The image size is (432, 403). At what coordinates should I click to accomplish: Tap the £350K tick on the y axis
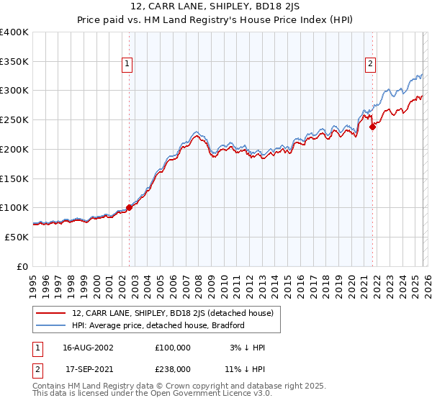tap(14, 62)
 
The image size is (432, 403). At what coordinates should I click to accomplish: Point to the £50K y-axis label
tap(17, 237)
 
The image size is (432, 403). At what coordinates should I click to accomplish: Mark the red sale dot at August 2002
tap(130, 207)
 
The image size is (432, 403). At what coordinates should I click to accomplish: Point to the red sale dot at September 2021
tap(372, 127)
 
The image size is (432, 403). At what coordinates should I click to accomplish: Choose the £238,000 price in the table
tap(173, 369)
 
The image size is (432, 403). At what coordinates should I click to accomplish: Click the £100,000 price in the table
tap(173, 348)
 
